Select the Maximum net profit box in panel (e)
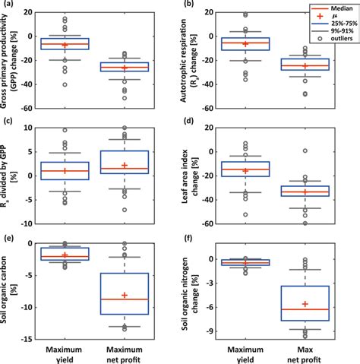tap(125, 293)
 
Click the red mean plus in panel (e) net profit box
tap(125, 295)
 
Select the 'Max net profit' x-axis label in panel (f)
tap(305, 352)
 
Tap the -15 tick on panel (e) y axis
tap(33, 340)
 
